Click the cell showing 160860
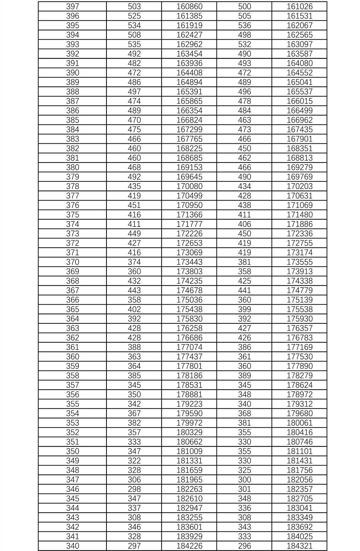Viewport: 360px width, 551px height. (189, 6)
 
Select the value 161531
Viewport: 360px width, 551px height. (300, 16)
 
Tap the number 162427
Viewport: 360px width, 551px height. (189, 35)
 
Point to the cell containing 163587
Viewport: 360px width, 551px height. (300, 54)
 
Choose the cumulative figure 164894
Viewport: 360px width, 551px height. (189, 82)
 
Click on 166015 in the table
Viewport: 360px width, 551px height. (300, 101)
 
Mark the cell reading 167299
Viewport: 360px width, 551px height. (189, 129)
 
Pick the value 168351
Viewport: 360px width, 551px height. (300, 148)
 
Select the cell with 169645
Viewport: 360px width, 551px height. (189, 177)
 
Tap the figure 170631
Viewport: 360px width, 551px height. (300, 196)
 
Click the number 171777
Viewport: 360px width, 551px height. (189, 224)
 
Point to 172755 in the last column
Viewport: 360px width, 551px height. (300, 243)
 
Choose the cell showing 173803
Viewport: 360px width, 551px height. (189, 271)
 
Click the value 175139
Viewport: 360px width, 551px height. (300, 300)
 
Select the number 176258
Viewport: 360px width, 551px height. (189, 328)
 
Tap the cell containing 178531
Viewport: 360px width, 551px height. (189, 385)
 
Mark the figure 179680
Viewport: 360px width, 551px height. (300, 413)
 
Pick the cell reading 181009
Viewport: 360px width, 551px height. (189, 451)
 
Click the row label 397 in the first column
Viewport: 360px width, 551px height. (73, 6)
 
